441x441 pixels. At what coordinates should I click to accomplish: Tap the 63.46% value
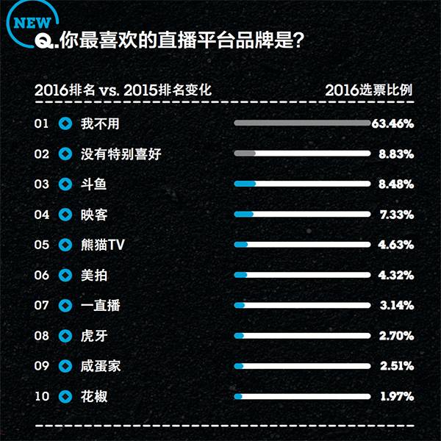tap(392, 123)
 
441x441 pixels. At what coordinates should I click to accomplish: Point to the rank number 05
tap(42, 245)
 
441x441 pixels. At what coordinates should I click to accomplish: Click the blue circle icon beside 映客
tap(65, 215)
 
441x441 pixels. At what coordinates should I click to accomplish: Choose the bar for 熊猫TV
tap(301, 245)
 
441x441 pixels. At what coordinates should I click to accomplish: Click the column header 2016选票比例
tap(368, 90)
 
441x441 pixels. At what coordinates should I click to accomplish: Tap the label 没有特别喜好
tap(121, 154)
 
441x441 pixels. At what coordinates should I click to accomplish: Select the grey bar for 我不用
tap(301, 123)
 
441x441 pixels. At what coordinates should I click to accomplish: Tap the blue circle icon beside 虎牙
tap(65, 336)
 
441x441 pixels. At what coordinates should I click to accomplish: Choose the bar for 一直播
tap(301, 305)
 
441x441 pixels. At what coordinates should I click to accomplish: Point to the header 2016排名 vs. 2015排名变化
tap(123, 90)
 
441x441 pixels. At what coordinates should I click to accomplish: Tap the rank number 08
tap(42, 336)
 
